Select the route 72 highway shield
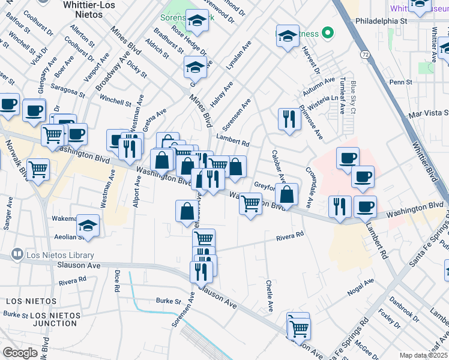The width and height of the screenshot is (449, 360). coord(365,55)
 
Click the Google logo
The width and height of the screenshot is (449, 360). coord(20,352)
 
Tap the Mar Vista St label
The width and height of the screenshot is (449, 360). coord(428,113)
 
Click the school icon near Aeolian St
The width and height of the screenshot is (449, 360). coord(88,226)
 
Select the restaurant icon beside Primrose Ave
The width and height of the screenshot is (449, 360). coord(289,119)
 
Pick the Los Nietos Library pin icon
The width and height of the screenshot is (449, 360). coord(17,254)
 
